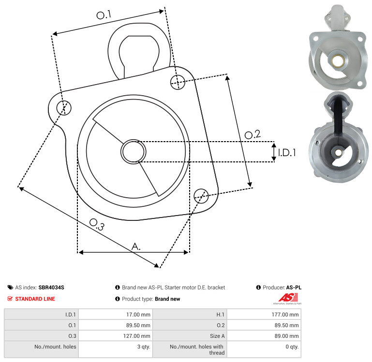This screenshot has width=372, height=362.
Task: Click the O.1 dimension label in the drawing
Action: click(x=104, y=14)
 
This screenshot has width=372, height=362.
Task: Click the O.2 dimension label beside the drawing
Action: click(x=253, y=134)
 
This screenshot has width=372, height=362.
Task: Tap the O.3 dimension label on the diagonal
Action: click(x=97, y=224)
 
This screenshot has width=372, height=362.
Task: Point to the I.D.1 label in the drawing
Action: click(x=287, y=153)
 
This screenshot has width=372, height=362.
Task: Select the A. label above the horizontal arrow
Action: click(x=136, y=246)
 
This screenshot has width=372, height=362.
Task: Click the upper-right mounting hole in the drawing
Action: click(x=178, y=82)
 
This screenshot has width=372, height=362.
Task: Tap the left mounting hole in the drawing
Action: click(x=64, y=108)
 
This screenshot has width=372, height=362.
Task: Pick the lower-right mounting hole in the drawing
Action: click(x=201, y=196)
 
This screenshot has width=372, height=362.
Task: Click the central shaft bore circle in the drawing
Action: click(x=134, y=152)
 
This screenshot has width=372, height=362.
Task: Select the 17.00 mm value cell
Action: click(x=138, y=315)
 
